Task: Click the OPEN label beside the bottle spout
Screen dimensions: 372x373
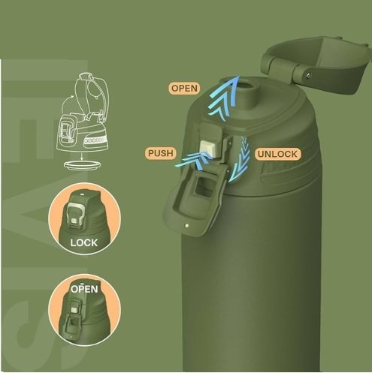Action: tap(184, 89)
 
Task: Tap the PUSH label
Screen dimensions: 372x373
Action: tap(161, 153)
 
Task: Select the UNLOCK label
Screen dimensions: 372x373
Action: tap(277, 154)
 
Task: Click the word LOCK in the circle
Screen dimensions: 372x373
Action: tap(83, 243)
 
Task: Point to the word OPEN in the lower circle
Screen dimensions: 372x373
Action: tap(84, 289)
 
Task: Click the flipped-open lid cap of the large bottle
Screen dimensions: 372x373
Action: tap(318, 65)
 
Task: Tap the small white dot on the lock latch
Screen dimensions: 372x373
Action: tap(186, 226)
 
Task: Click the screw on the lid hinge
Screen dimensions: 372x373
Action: tap(308, 74)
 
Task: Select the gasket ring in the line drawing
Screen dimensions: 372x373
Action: tap(83, 165)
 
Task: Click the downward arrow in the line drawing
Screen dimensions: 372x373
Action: tap(82, 156)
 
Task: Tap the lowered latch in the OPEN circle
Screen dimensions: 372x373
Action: tap(74, 325)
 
